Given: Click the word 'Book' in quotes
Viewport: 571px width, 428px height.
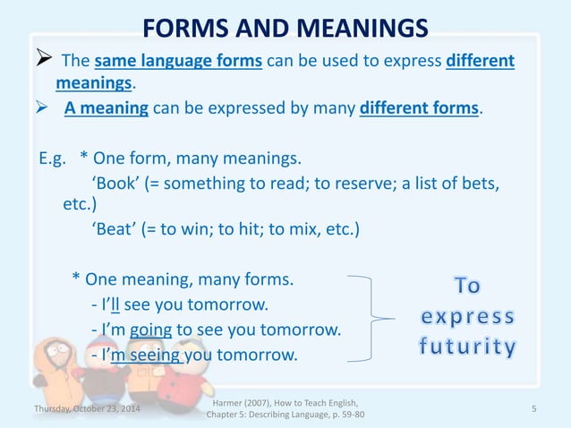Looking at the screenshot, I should [x=113, y=184].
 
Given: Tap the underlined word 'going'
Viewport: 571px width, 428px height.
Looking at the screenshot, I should [x=150, y=330].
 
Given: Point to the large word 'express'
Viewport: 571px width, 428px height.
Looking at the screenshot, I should [x=468, y=317].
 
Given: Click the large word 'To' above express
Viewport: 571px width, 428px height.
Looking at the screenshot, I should [x=467, y=287].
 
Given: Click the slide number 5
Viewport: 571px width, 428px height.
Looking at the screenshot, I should [x=533, y=409].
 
